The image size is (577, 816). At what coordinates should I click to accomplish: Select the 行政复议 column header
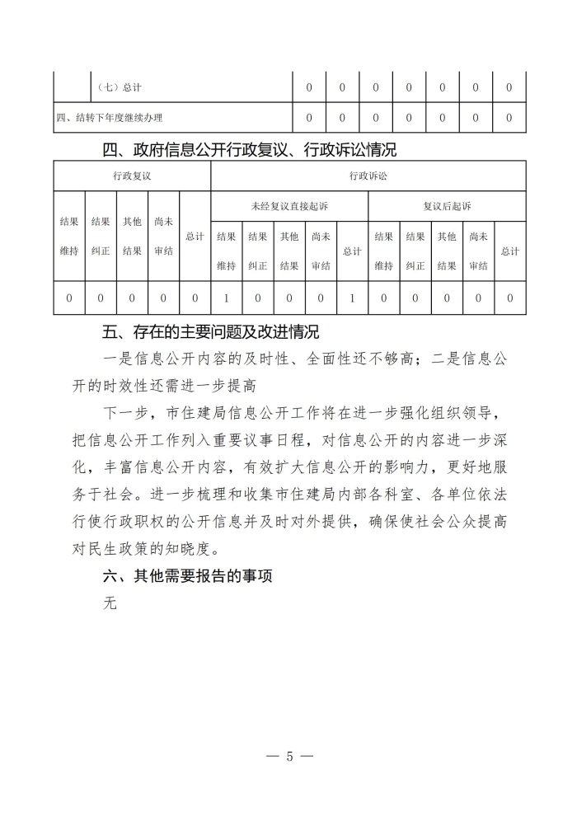132,176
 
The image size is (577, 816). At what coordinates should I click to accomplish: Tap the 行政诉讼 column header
368,176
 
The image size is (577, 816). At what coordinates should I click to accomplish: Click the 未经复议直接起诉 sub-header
289,206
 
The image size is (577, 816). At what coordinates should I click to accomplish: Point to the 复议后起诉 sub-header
447,206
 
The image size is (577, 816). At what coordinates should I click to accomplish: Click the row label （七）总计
120,87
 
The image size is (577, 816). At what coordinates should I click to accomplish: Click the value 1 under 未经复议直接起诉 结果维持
226,298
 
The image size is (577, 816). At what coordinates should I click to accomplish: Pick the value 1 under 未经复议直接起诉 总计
352,298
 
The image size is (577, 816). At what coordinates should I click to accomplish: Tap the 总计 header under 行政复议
195,237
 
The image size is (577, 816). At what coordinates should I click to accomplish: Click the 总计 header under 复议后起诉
509,251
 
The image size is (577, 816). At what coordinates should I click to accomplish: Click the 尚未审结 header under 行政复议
163,237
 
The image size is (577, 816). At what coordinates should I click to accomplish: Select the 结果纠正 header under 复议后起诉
415,251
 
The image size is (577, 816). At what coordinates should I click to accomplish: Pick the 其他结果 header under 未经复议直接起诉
289,251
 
